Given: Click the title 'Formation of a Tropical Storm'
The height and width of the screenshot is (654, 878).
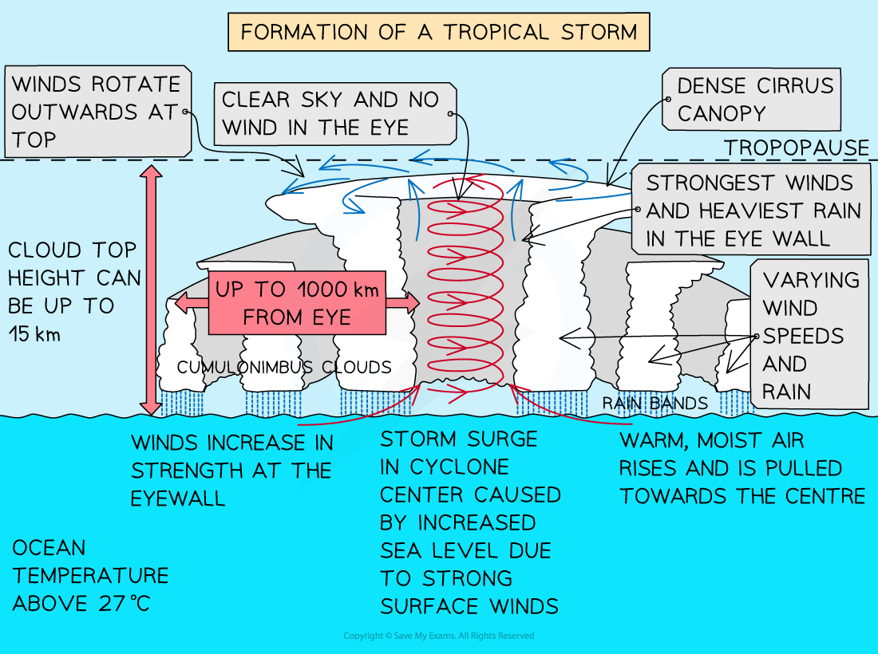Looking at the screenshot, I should pos(439,33).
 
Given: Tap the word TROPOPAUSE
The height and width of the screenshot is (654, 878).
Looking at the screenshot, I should pos(796,148).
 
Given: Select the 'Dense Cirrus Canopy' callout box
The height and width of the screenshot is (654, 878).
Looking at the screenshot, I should pos(751,100).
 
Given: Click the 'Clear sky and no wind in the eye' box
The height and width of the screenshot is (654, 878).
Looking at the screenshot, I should pos(335,112).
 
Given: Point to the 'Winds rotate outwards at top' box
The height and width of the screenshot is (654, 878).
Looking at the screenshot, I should pos(97,112).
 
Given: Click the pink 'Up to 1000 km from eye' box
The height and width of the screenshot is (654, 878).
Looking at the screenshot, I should pos(296,303).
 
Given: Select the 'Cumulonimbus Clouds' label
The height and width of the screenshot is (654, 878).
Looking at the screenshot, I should pos(284,368).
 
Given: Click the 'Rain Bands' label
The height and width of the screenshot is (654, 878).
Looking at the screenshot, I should pos(655,404).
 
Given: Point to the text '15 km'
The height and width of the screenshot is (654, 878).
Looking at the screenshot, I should pos(36,334).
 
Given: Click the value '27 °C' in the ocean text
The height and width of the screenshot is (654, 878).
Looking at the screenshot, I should pos(123,604).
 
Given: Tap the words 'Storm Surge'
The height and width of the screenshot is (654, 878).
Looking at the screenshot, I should pos(459,439).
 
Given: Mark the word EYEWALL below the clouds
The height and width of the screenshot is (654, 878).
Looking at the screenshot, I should pos(178,498).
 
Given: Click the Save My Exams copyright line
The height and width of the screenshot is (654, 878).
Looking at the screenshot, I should pos(438,636).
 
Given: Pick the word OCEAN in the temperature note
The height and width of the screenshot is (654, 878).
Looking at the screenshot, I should pos(49,548).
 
